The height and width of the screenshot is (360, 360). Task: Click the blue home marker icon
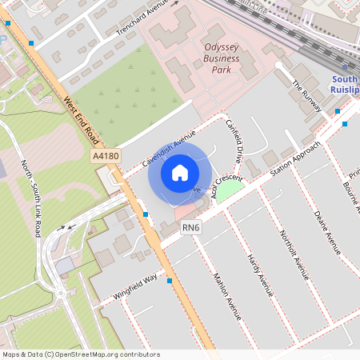tap(180, 172)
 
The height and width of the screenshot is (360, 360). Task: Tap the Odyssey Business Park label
tap(222, 58)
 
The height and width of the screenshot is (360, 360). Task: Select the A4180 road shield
tap(106, 158)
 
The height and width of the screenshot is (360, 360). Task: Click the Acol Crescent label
tap(226, 186)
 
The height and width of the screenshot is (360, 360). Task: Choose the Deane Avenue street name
tap(327, 232)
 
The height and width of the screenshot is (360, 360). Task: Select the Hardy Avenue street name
tap(260, 273)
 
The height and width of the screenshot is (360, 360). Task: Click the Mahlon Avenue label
tap(226, 297)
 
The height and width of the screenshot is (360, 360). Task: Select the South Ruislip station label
tap(345, 85)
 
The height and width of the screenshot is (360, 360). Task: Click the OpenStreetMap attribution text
tap(80, 354)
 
